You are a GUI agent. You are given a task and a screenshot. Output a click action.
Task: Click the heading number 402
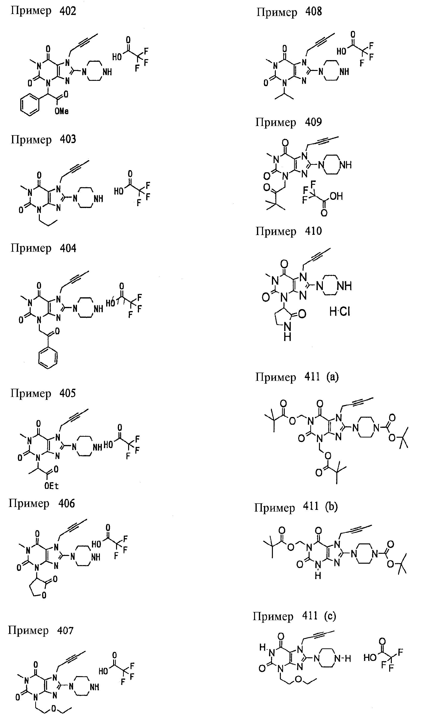tap(68, 11)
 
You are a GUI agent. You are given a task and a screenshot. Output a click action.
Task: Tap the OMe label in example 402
tap(62, 111)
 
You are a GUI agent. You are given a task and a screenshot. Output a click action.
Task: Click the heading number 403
tap(68, 139)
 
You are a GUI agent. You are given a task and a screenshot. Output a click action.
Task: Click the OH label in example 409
tap(336, 196)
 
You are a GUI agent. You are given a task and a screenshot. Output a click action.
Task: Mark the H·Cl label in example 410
tap(340, 312)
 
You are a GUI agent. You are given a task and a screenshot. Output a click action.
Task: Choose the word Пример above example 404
tap(31, 248)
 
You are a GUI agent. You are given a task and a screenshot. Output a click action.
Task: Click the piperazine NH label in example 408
tap(344, 71)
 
